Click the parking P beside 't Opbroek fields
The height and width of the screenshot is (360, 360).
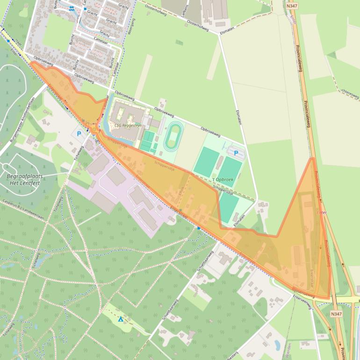[236, 153]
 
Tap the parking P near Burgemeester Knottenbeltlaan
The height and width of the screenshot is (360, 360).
[79, 134]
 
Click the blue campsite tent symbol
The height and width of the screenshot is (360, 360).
[121, 319]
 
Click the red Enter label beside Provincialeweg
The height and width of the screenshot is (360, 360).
[322, 212]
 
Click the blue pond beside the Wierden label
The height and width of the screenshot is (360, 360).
[277, 345]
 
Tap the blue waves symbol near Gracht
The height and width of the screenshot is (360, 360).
[71, 8]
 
